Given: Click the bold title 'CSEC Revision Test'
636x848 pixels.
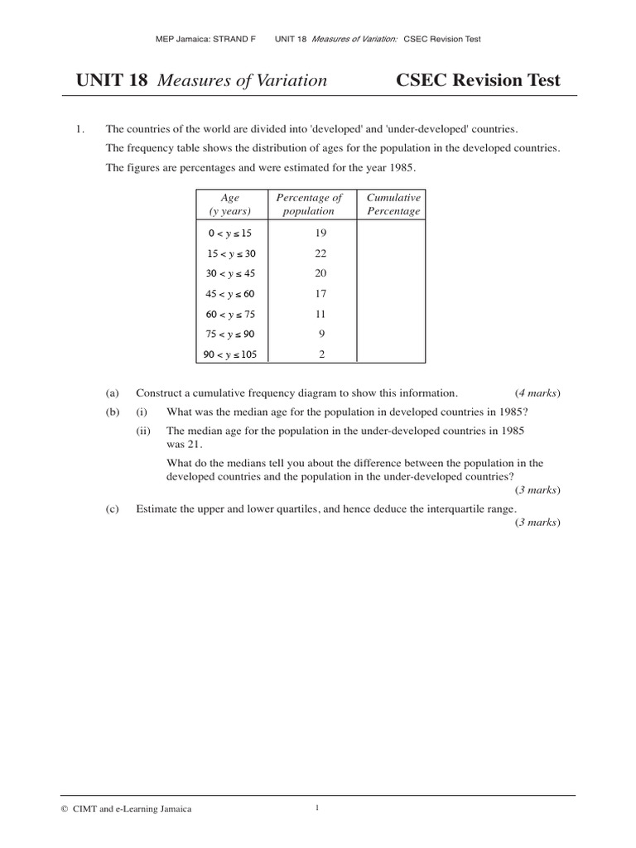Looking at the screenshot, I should tap(478, 80).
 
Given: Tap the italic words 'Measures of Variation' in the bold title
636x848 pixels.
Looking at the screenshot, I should tap(242, 80).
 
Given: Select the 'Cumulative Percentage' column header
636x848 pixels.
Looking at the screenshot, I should tap(393, 205).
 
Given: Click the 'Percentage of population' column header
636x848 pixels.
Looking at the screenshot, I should tap(308, 205).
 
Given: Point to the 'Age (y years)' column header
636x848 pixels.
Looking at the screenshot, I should tap(229, 205).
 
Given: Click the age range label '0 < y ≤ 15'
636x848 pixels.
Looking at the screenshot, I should tap(229, 234).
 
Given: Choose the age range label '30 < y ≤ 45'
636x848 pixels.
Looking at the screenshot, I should tap(229, 274).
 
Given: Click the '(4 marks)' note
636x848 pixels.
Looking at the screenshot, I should tap(537, 393).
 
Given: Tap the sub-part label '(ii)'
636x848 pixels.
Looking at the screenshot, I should tap(144, 431).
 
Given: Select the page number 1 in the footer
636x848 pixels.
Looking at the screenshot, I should tap(317, 808).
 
